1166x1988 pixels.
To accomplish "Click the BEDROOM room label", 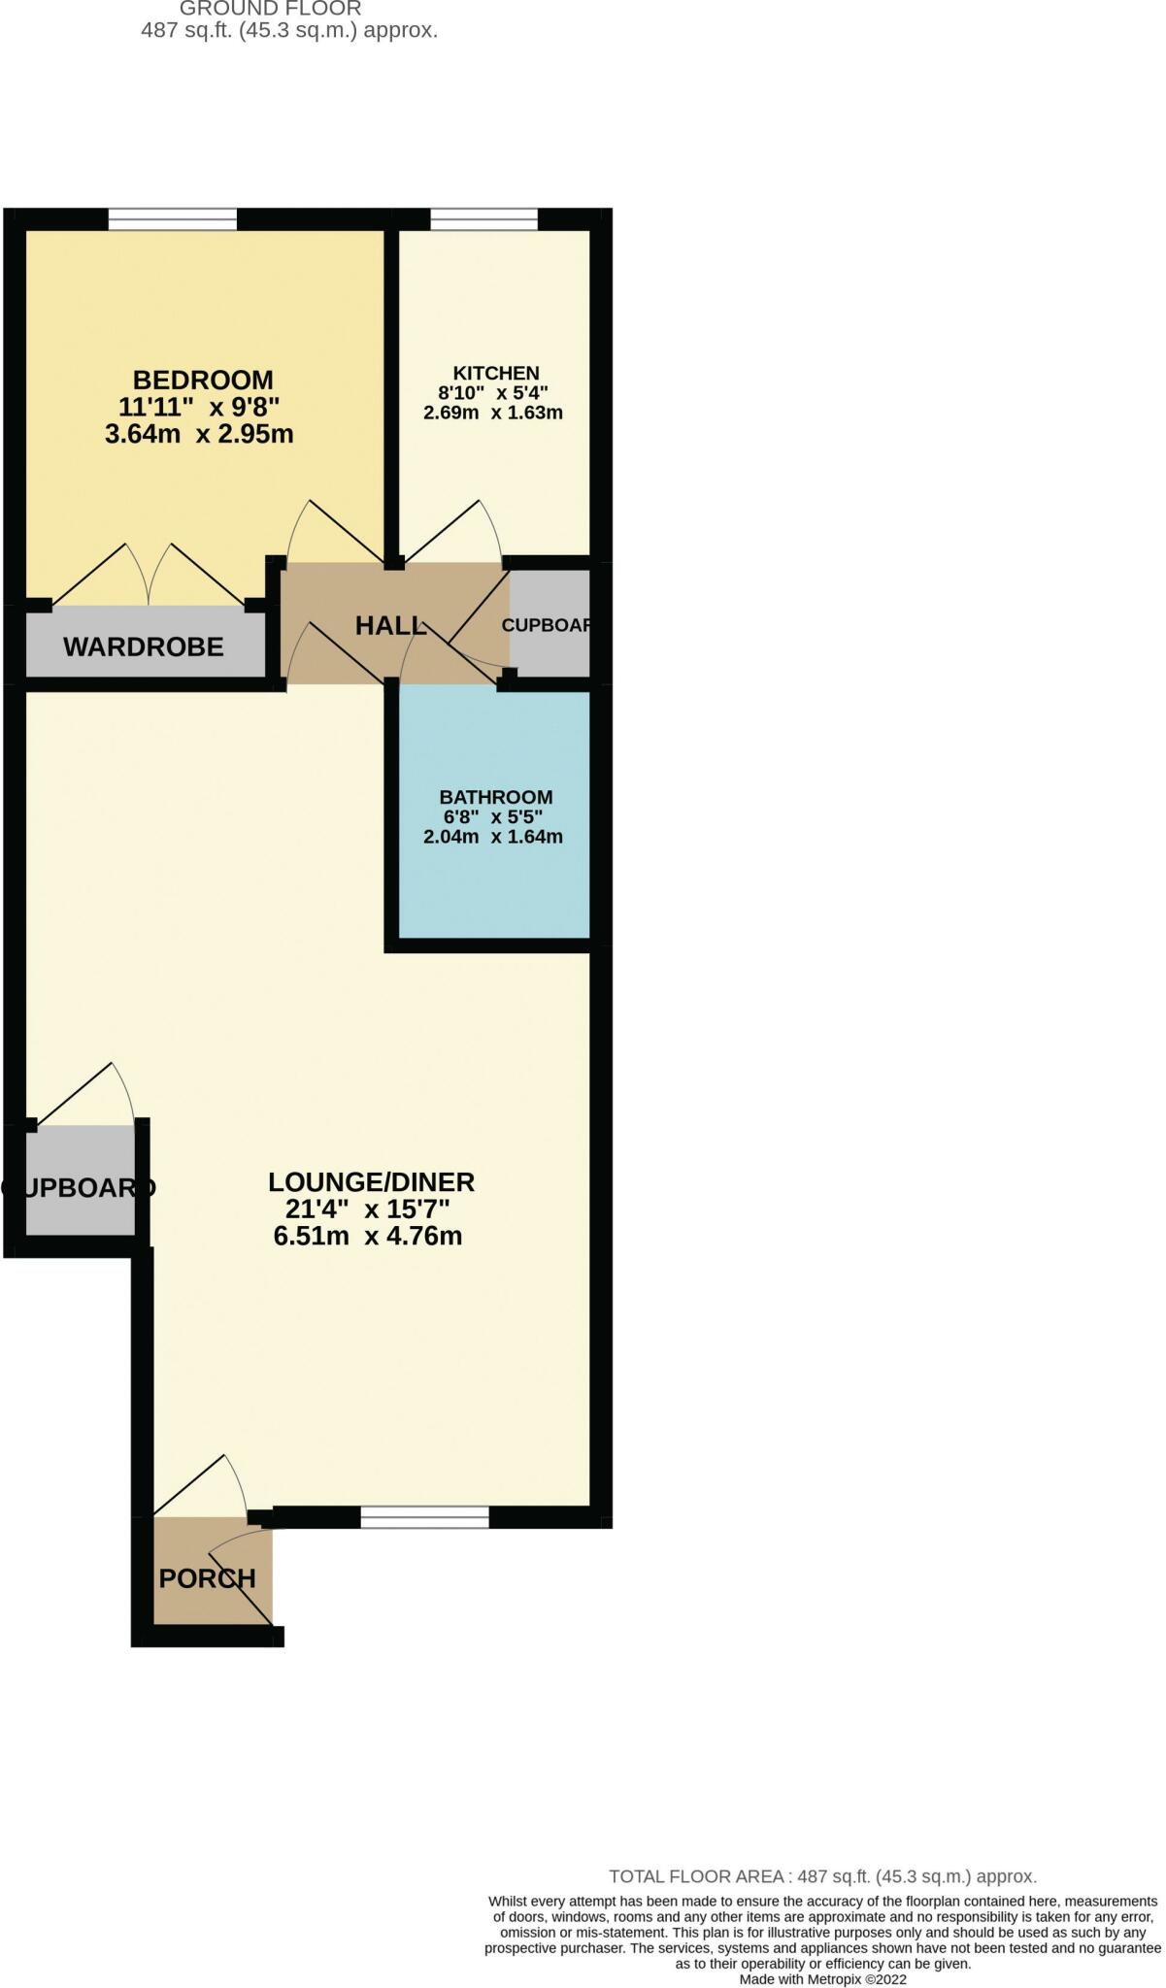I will coord(203,380).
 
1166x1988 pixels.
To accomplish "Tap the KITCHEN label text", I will coord(495,374).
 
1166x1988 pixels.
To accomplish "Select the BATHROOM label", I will coord(495,797).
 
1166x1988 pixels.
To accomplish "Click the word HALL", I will coord(390,626).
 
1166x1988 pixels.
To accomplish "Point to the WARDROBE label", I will coord(144,646).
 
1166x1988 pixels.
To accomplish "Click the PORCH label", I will coord(207,1578).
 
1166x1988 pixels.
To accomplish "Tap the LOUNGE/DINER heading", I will coord(371,1182).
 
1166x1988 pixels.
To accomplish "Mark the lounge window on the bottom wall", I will coord(424,1517).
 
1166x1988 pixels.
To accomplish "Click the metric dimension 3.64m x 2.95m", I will coord(199,433).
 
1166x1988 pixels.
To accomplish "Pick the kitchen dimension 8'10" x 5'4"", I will coord(493,393).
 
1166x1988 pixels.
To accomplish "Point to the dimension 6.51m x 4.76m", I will coord(368,1236).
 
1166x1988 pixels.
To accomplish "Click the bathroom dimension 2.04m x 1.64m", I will coord(493,837).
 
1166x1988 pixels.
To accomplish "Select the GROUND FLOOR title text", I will coord(270,9).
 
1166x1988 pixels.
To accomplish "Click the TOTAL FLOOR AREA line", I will coord(822,1876).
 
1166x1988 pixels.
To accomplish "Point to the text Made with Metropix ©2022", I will coord(822,1978).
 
